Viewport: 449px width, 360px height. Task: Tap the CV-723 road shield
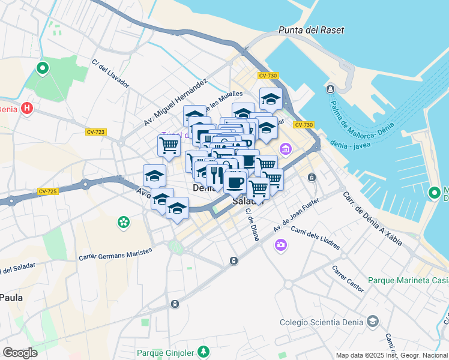95,132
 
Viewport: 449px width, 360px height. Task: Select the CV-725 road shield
47,191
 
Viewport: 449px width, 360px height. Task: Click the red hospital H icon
26,109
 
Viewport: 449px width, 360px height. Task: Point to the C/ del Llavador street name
110,73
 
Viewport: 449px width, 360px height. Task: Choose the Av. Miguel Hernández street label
175,103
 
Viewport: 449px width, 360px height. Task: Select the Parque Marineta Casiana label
408,280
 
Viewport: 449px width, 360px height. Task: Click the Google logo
20,353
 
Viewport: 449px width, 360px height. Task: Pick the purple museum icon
285,148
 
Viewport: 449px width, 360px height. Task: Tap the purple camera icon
280,244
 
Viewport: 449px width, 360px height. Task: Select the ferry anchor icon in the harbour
330,89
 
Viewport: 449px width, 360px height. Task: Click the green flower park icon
124,223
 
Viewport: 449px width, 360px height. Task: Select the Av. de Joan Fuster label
294,217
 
